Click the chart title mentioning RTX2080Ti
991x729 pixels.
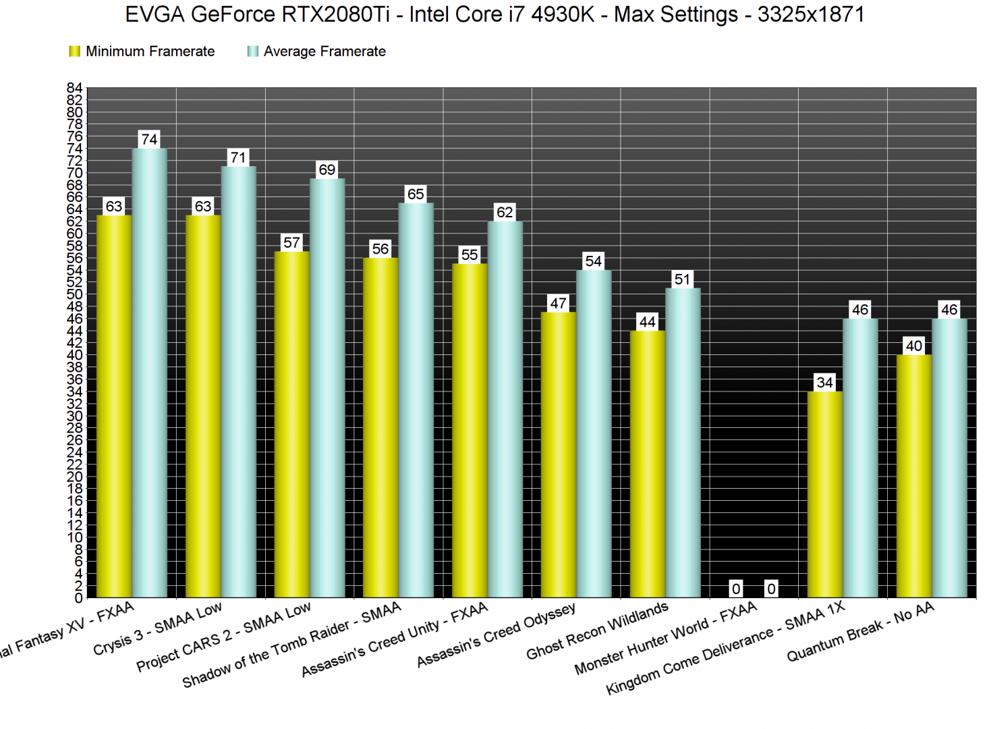[x=494, y=14]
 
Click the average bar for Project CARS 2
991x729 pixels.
[x=327, y=388]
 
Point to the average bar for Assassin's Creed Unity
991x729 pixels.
[x=505, y=409]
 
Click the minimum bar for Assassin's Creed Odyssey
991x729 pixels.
[x=558, y=455]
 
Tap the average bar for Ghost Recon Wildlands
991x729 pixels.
[x=682, y=443]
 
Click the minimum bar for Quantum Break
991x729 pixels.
[x=913, y=476]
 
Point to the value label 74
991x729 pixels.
[x=149, y=139]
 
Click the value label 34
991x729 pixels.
[x=824, y=383]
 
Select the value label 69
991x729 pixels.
[x=327, y=169]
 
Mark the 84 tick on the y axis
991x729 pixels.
[x=74, y=88]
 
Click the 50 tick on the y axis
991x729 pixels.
[x=74, y=294]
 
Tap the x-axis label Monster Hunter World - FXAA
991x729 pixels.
[x=666, y=639]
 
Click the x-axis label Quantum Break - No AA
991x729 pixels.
[x=861, y=632]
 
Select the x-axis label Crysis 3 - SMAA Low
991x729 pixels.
[x=158, y=628]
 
